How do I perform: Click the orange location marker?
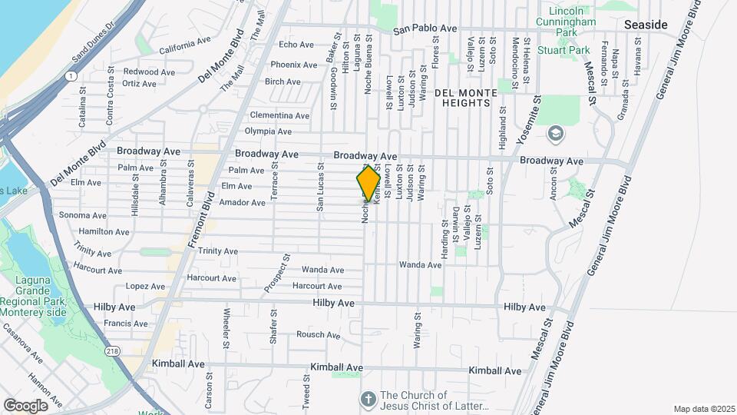[x=368, y=184]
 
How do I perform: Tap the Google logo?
[x=25, y=405]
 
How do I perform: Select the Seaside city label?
[x=645, y=25]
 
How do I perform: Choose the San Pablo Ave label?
[x=420, y=31]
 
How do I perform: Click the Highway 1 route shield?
[x=71, y=75]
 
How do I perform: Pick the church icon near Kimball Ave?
[x=368, y=399]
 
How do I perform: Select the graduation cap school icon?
[x=554, y=134]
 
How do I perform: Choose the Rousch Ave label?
[x=318, y=334]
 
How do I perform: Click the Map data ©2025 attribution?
[x=703, y=409]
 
